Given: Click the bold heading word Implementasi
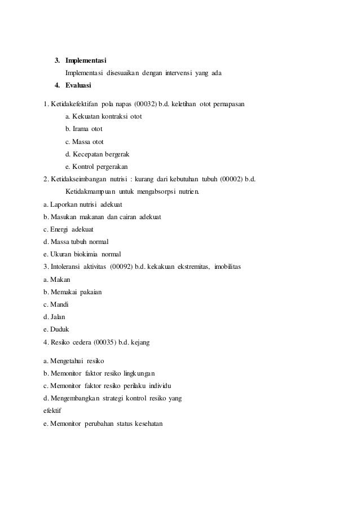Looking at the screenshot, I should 86,60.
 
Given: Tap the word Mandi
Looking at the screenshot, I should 61,304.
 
